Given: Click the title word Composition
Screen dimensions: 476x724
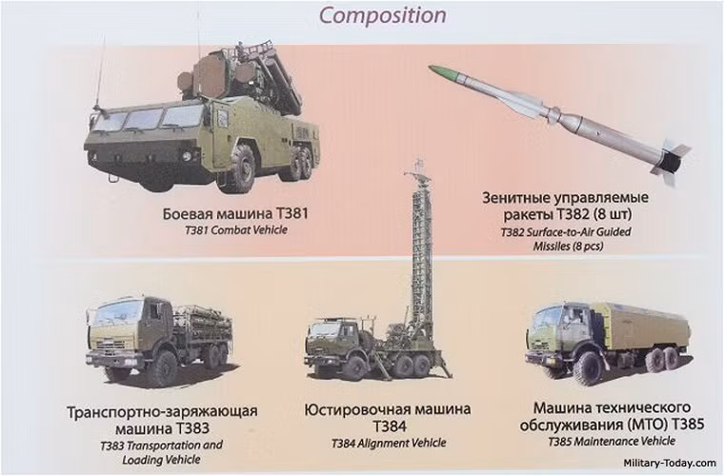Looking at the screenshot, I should coord(382,15).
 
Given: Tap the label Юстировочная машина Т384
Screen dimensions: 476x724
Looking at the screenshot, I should coord(389,417).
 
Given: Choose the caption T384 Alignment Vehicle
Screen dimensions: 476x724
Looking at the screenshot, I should coord(388,444).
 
